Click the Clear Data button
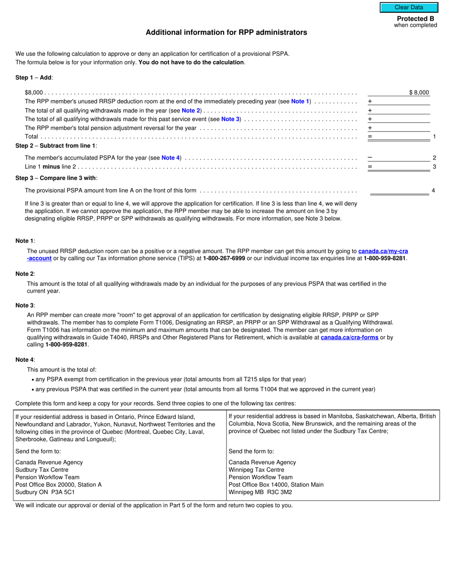tap(409, 7)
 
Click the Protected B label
tap(415, 19)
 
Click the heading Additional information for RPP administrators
tap(226, 32)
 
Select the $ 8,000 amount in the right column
tap(419, 92)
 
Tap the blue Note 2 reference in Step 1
tap(191, 111)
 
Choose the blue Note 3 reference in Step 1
tap(231, 119)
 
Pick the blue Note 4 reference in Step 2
tap(171, 158)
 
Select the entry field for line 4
tap(400, 191)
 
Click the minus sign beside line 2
tap(370, 158)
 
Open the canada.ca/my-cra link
tap(383, 251)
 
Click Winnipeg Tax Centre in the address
tap(256, 470)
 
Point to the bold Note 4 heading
tap(25, 360)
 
